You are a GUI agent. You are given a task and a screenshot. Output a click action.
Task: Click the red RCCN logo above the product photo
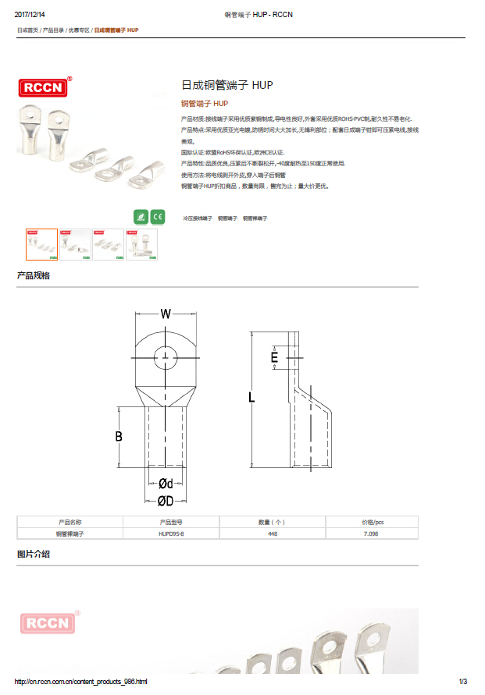tap(45, 87)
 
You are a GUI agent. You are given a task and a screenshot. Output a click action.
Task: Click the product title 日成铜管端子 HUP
tap(226, 85)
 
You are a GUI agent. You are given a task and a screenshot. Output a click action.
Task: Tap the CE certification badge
tap(157, 216)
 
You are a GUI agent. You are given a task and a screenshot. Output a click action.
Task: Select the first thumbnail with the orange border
tap(41, 243)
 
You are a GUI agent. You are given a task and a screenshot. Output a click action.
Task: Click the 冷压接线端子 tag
tap(197, 219)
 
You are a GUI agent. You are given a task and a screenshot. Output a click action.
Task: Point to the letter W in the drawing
tap(166, 314)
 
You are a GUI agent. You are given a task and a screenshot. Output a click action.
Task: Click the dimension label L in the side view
tap(251, 397)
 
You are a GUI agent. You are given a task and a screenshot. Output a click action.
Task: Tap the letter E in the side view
tap(274, 357)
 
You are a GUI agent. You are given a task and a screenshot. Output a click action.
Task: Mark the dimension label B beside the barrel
tap(119, 437)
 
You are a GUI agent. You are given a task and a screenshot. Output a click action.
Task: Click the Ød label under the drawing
tap(166, 484)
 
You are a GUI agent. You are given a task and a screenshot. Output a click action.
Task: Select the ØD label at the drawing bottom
tap(165, 500)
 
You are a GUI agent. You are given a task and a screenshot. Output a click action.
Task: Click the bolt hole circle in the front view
tap(166, 357)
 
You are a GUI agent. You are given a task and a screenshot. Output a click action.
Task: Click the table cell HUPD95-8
tap(172, 534)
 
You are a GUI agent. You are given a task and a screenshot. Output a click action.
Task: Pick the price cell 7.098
tap(371, 534)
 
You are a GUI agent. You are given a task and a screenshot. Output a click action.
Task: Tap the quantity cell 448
tap(273, 534)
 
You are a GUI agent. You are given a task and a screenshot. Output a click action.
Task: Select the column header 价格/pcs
tap(373, 522)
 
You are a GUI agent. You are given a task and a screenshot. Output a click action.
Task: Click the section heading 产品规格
tap(34, 276)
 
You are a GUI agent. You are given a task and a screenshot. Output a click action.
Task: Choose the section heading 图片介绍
tap(34, 554)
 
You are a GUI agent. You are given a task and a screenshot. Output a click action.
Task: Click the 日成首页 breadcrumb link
tap(27, 30)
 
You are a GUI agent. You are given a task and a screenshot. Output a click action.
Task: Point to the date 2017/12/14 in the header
tap(30, 15)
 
